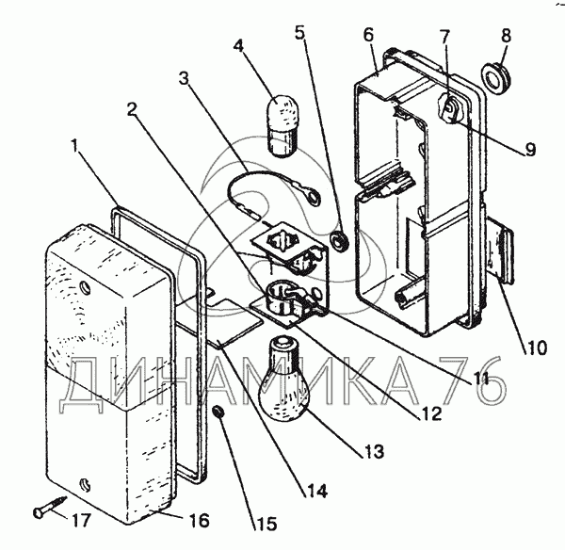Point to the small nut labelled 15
218,412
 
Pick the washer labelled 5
339,242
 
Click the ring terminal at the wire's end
313,197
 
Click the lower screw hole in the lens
85,484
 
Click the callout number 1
74,147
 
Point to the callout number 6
368,35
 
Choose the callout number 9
530,149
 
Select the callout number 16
198,520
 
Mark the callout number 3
185,78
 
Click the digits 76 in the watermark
475,380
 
